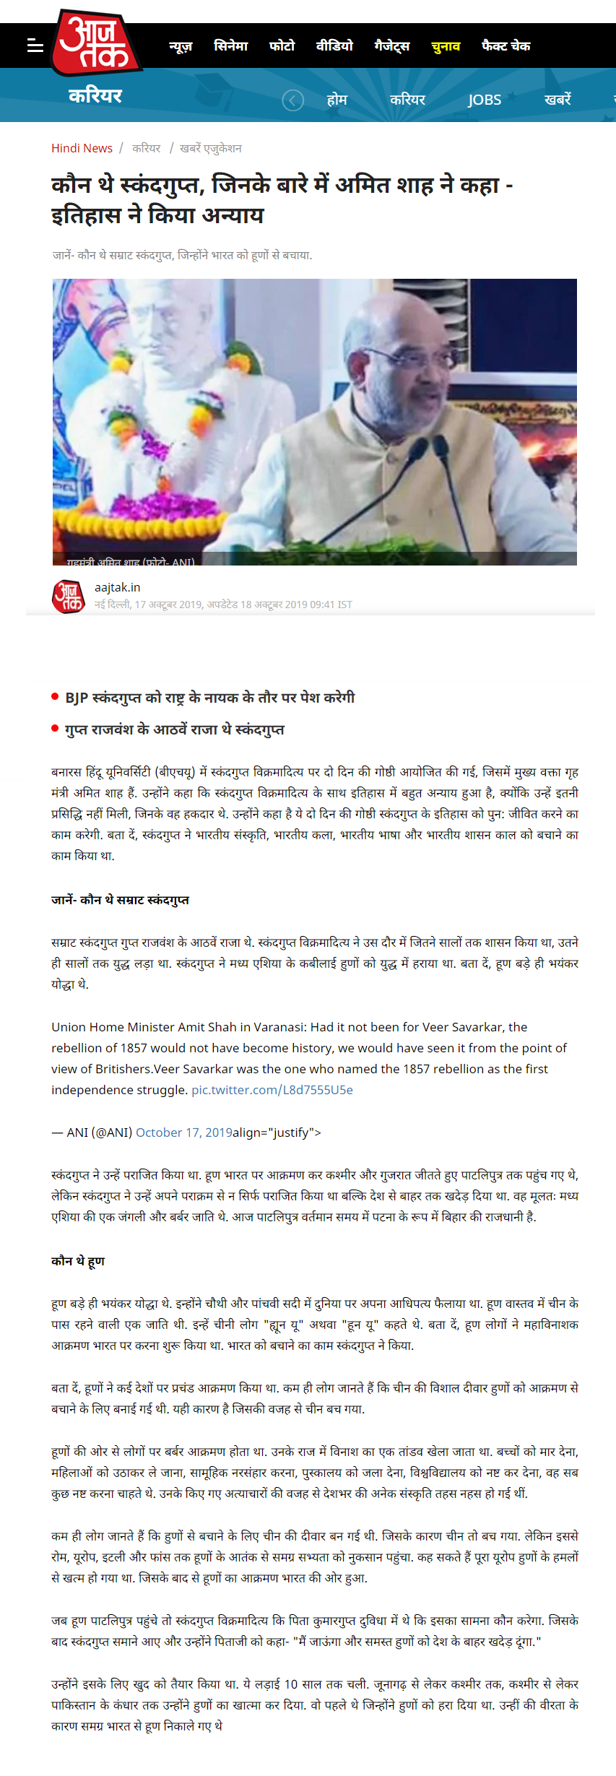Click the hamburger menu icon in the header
(x=35, y=46)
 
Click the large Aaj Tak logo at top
(x=95, y=43)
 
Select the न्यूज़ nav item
(x=181, y=46)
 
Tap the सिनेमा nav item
(x=230, y=46)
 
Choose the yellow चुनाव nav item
(x=445, y=46)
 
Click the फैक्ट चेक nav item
(x=506, y=46)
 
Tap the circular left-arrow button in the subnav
(x=292, y=100)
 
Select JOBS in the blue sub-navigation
(x=484, y=100)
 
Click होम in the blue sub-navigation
(x=337, y=100)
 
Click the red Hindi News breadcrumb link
(x=82, y=148)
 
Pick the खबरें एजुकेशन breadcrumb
(x=210, y=148)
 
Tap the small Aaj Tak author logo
(x=69, y=597)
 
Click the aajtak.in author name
(x=117, y=587)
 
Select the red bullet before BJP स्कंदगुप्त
(x=55, y=696)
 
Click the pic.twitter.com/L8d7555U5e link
(x=272, y=1089)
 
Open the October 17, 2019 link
(x=183, y=1132)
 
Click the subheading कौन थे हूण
(x=78, y=1260)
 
